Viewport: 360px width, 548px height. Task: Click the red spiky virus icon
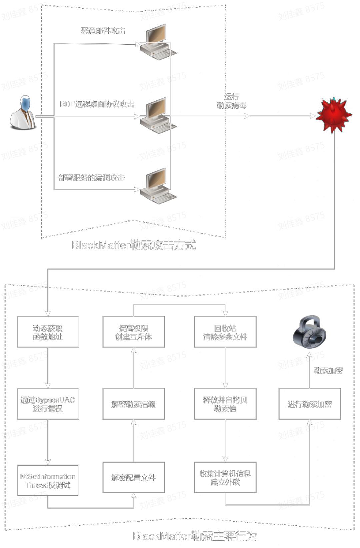click(334, 115)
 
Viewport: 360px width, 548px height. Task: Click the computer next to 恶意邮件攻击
click(157, 42)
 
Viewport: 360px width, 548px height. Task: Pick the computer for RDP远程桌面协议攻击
click(157, 115)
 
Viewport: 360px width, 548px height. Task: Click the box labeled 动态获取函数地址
click(48, 332)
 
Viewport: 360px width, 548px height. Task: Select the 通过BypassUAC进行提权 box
click(48, 404)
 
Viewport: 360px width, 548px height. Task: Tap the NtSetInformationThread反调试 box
click(48, 481)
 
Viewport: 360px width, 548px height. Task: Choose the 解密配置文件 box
click(133, 478)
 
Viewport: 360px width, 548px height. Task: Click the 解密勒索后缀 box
click(133, 404)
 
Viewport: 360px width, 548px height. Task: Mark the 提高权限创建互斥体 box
click(133, 332)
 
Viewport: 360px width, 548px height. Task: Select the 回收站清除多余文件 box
click(225, 332)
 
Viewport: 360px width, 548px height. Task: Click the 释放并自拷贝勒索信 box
click(225, 404)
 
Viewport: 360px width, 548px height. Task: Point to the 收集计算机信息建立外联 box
click(225, 478)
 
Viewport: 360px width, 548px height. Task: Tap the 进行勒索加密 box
click(309, 404)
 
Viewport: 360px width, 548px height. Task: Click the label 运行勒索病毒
click(232, 101)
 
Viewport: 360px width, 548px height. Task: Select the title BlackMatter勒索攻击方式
click(134, 245)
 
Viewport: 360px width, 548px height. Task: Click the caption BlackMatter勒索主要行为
click(195, 536)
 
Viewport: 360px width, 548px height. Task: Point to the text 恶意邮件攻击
click(103, 31)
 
